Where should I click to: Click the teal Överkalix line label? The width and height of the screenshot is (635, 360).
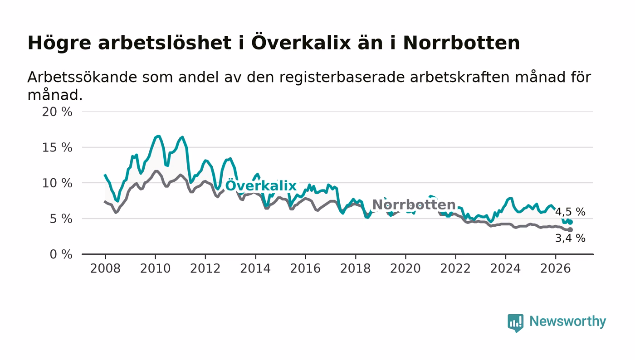(x=261, y=185)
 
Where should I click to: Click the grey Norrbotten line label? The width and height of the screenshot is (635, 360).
(x=414, y=204)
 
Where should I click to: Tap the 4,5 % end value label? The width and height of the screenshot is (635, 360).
(x=570, y=212)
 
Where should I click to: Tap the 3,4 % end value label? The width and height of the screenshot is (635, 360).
(x=570, y=238)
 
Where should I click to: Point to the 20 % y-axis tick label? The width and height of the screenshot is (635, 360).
(x=57, y=112)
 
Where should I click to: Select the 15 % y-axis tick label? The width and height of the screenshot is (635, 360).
(x=57, y=148)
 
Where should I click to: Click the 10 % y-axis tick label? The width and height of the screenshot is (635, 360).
(x=57, y=184)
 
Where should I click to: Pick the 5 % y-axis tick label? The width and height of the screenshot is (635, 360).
(x=61, y=219)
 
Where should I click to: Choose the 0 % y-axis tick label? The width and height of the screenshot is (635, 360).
(x=61, y=254)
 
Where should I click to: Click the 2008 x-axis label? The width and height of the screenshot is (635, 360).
(x=105, y=268)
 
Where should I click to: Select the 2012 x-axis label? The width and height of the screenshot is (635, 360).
(x=205, y=268)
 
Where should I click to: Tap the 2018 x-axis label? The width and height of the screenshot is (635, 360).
(x=355, y=268)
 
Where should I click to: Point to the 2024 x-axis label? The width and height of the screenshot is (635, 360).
(x=505, y=268)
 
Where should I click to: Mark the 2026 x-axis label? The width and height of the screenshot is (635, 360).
(x=555, y=268)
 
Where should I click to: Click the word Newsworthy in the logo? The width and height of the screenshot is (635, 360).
(x=567, y=321)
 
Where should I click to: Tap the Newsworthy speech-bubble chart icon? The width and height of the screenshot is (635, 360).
(x=515, y=323)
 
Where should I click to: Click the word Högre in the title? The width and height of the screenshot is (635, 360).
(x=59, y=43)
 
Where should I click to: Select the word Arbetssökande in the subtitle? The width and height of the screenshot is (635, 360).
(x=82, y=77)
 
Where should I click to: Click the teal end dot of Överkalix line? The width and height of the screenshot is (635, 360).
(x=571, y=222)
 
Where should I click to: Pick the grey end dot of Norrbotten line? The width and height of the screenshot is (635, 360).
(x=571, y=229)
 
